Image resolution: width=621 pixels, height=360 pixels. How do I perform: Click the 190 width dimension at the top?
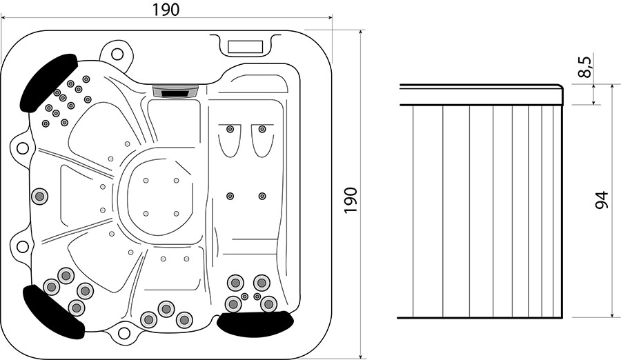point(166,10)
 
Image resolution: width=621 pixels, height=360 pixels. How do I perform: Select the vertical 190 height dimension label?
point(351,201)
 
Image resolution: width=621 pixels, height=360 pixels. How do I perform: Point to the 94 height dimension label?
point(602,200)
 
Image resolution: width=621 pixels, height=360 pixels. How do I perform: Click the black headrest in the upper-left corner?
point(48,82)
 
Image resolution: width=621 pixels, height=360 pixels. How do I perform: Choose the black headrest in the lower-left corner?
point(53,312)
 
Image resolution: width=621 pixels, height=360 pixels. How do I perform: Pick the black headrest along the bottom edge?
point(256,323)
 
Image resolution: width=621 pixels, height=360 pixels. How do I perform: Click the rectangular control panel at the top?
point(246,47)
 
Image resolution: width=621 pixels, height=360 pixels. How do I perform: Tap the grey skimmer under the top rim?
point(175,91)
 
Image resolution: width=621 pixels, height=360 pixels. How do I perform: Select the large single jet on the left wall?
point(39,196)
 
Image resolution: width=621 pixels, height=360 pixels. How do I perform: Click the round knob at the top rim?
point(117,54)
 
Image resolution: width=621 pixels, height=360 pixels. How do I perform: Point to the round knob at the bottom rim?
point(124,334)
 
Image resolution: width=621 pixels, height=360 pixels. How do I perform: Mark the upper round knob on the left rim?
point(23,148)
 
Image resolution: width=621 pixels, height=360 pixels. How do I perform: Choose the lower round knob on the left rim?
point(23,246)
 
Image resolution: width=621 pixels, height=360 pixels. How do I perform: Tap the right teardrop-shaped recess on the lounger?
point(262,141)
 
